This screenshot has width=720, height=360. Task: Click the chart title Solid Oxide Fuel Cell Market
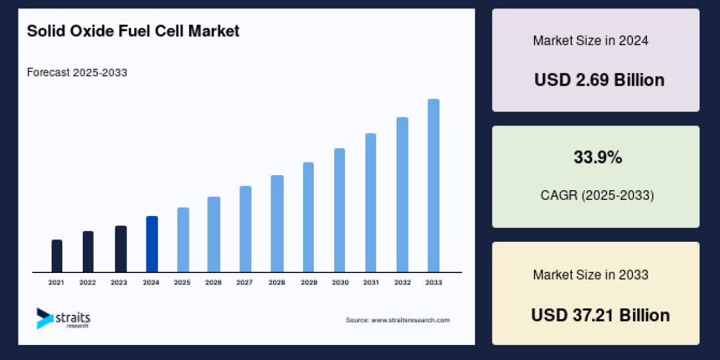[x=133, y=32]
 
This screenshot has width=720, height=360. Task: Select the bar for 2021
[x=57, y=256]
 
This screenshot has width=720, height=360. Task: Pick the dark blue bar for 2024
[x=152, y=244]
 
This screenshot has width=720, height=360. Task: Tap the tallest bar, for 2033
[x=433, y=185]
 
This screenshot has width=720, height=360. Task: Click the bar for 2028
[x=277, y=223]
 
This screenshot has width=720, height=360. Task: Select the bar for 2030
[x=340, y=210]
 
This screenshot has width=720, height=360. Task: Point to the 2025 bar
[x=183, y=239]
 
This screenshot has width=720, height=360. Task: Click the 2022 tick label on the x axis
[x=88, y=282]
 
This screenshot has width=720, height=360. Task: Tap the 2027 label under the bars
[x=245, y=282]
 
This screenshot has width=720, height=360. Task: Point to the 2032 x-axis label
[x=402, y=282]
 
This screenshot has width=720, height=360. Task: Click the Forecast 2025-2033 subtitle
[x=77, y=73]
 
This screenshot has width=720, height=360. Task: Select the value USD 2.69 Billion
[x=599, y=80]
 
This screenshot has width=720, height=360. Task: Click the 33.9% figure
[x=598, y=158]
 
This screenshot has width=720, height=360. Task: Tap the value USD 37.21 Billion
[x=600, y=315]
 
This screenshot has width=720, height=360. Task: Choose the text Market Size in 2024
[x=590, y=41]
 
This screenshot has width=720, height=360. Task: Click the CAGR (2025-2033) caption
[x=596, y=196]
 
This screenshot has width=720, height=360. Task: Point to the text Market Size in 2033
[x=590, y=275]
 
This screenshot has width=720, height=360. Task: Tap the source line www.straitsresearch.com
[x=397, y=320]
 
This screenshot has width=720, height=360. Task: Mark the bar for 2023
[x=121, y=248]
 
